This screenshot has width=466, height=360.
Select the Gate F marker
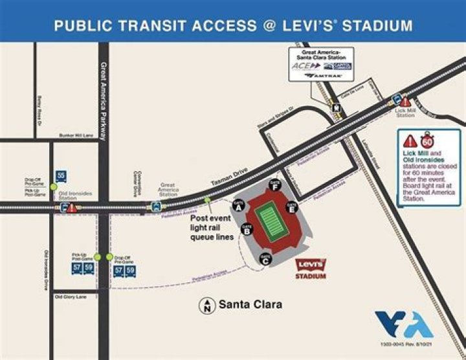click(276, 186)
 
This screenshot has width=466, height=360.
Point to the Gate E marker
click(292, 208)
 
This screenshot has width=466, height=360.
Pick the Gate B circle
click(247, 229)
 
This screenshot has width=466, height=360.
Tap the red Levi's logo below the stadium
click(311, 265)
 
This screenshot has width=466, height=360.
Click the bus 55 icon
click(60, 176)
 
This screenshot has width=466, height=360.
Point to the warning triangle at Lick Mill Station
click(406, 102)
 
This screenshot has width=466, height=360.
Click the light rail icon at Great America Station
click(156, 206)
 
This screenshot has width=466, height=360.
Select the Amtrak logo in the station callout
click(322, 75)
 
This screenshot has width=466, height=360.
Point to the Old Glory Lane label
click(71, 297)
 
